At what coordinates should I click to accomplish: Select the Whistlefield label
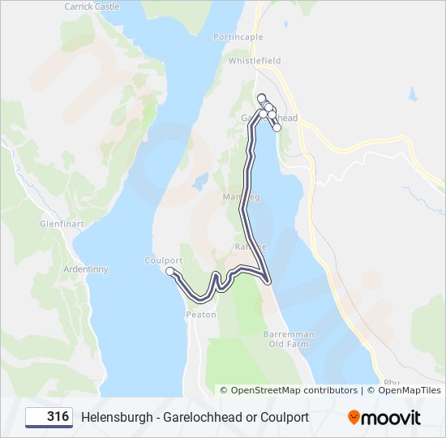[255, 60]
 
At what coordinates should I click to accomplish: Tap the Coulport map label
[163, 260]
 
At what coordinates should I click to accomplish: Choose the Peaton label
[200, 314]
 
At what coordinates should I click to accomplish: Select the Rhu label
[392, 382]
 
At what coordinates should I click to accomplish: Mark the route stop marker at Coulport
[170, 272]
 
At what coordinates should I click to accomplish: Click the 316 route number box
[49, 417]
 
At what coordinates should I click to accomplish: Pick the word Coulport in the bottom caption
[283, 418]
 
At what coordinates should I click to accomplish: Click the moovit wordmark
[392, 418]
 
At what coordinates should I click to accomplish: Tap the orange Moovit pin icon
[354, 418]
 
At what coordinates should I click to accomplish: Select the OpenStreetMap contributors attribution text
[294, 390]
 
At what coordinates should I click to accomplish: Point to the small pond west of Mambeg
[200, 179]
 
